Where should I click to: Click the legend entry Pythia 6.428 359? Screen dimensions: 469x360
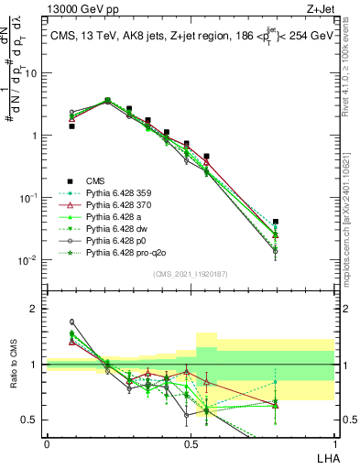[125, 193]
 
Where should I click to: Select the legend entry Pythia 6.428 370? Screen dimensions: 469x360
[125, 205]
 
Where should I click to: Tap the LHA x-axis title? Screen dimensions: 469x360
[324, 457]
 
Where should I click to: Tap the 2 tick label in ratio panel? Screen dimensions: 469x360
[37, 310]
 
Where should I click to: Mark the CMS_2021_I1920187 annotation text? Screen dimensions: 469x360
[191, 274]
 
